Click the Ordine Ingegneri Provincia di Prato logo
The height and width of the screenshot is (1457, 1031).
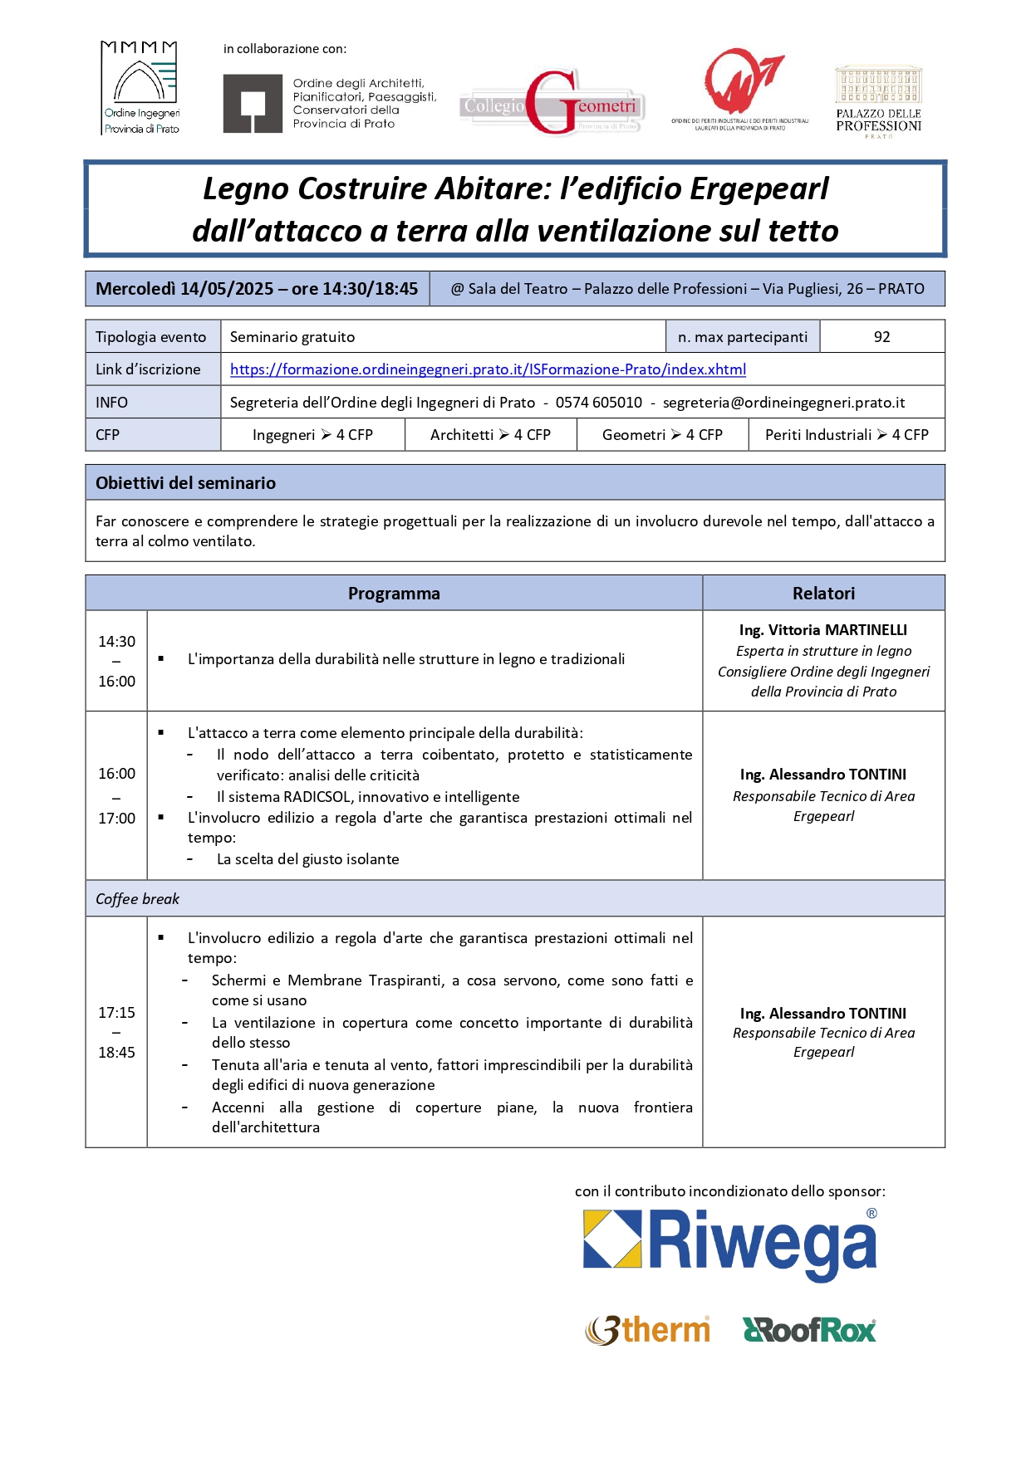coord(140,88)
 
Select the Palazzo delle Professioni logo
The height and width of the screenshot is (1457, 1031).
coord(878,101)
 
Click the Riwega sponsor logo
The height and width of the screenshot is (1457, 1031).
coord(730,1243)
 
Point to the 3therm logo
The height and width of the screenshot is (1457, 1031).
coord(648,1330)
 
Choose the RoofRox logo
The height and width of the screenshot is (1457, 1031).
coord(809,1330)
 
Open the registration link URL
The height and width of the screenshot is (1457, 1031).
coord(488,369)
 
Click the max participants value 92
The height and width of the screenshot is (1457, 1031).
coord(881,337)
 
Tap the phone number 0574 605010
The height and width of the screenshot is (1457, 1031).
coord(598,403)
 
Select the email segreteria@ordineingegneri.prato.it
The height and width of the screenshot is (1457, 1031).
coord(783,403)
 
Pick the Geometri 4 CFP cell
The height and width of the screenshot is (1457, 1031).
coord(662,435)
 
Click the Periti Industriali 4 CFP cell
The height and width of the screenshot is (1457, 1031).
coord(846,435)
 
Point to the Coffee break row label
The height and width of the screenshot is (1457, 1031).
coord(138,899)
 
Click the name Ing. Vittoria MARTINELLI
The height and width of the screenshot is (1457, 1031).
coord(823,630)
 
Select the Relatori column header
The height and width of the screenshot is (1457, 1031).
coord(823,594)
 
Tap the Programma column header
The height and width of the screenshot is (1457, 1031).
coord(394,594)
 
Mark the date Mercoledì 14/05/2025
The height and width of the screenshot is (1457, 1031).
coord(184,289)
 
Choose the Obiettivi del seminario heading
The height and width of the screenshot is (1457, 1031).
coord(185,483)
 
